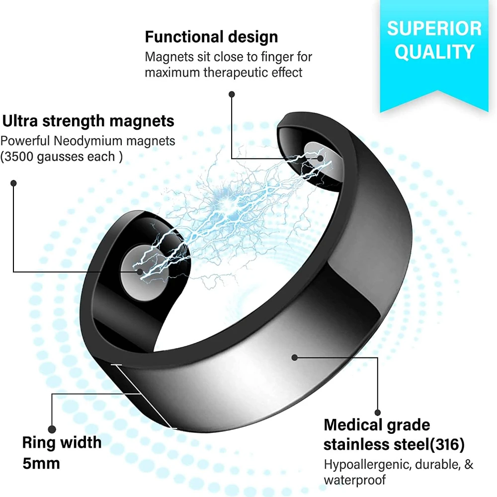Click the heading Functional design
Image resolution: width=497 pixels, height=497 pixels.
tap(211, 37)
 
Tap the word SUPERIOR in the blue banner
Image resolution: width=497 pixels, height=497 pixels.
tap(434, 28)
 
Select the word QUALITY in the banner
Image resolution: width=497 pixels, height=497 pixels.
tap(434, 52)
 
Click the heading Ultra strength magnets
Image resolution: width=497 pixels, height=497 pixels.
tap(88, 121)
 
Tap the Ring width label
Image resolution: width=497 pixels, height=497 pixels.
tap(62, 442)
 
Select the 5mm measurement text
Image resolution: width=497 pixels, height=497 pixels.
tap(41, 463)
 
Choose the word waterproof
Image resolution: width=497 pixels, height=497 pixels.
tap(355, 481)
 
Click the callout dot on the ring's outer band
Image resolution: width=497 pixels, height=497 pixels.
tap(295, 357)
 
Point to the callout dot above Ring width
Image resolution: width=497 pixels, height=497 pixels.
tap(52, 428)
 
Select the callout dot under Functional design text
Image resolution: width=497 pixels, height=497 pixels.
tap(231, 93)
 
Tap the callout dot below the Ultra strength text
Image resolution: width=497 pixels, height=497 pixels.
tap(14, 183)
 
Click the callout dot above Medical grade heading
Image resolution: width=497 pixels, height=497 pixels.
tap(377, 412)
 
